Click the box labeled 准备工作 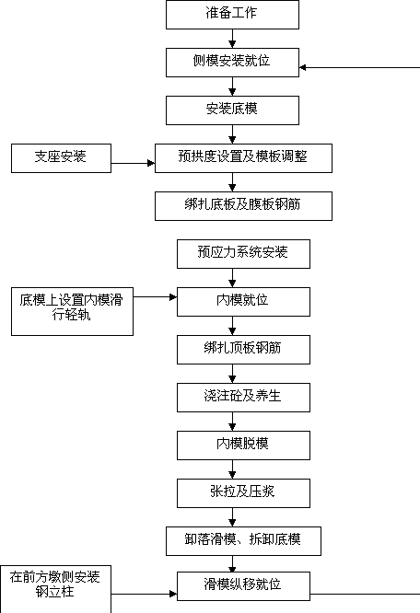click(x=232, y=15)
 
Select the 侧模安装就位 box click(x=232, y=63)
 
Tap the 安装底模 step click(x=232, y=110)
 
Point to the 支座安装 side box click(x=61, y=158)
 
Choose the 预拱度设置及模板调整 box click(x=243, y=158)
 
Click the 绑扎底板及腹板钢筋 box click(x=243, y=206)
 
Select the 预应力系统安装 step click(x=243, y=254)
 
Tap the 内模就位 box click(x=243, y=302)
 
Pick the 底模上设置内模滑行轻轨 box click(x=72, y=312)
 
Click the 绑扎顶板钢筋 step click(x=243, y=350)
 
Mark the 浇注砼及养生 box click(x=243, y=398)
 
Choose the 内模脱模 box click(x=243, y=445)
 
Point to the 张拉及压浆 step click(x=243, y=493)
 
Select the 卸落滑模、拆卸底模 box click(x=243, y=541)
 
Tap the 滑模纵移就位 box click(x=243, y=586)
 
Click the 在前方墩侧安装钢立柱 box click(x=55, y=589)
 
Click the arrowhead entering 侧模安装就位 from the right click(x=302, y=67)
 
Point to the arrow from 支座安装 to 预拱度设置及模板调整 click(x=133, y=163)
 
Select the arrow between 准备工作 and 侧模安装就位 click(x=232, y=39)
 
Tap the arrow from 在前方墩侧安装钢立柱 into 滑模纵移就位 click(x=144, y=595)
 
